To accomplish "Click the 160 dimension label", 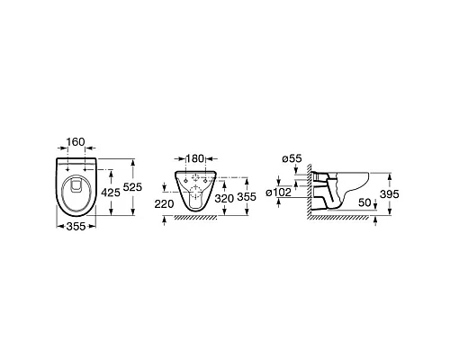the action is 76,141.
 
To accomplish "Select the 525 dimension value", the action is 132,187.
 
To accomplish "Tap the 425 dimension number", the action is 111,193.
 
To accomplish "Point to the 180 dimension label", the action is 195,158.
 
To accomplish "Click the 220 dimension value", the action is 164,204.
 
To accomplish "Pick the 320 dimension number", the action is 224,198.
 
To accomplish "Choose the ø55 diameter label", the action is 292,158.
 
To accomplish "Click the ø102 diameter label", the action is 278,193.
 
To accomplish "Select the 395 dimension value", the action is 390,194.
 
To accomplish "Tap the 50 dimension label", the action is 364,202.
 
